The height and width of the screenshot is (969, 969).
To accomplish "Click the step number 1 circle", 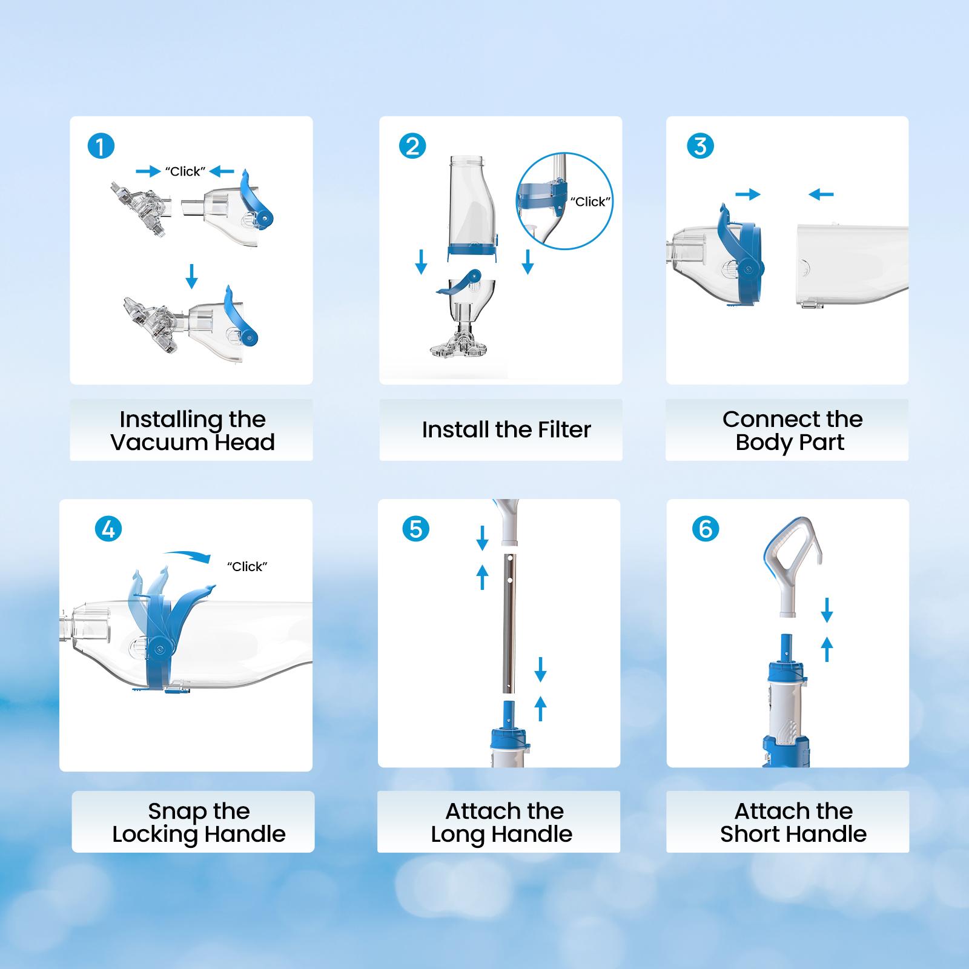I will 101,147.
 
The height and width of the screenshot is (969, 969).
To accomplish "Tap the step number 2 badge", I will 412,147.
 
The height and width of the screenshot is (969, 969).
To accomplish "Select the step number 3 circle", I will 700,146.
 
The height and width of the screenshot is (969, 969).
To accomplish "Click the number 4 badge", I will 108,529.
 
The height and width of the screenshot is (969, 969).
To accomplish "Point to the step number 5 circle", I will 415,529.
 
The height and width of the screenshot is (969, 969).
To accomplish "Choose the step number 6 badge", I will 706,529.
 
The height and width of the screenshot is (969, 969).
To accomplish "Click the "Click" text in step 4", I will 247,567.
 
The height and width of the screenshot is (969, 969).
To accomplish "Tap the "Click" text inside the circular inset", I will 590,202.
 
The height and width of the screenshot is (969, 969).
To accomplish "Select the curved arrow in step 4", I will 188,555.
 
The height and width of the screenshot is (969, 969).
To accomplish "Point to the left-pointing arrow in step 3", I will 821,194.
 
